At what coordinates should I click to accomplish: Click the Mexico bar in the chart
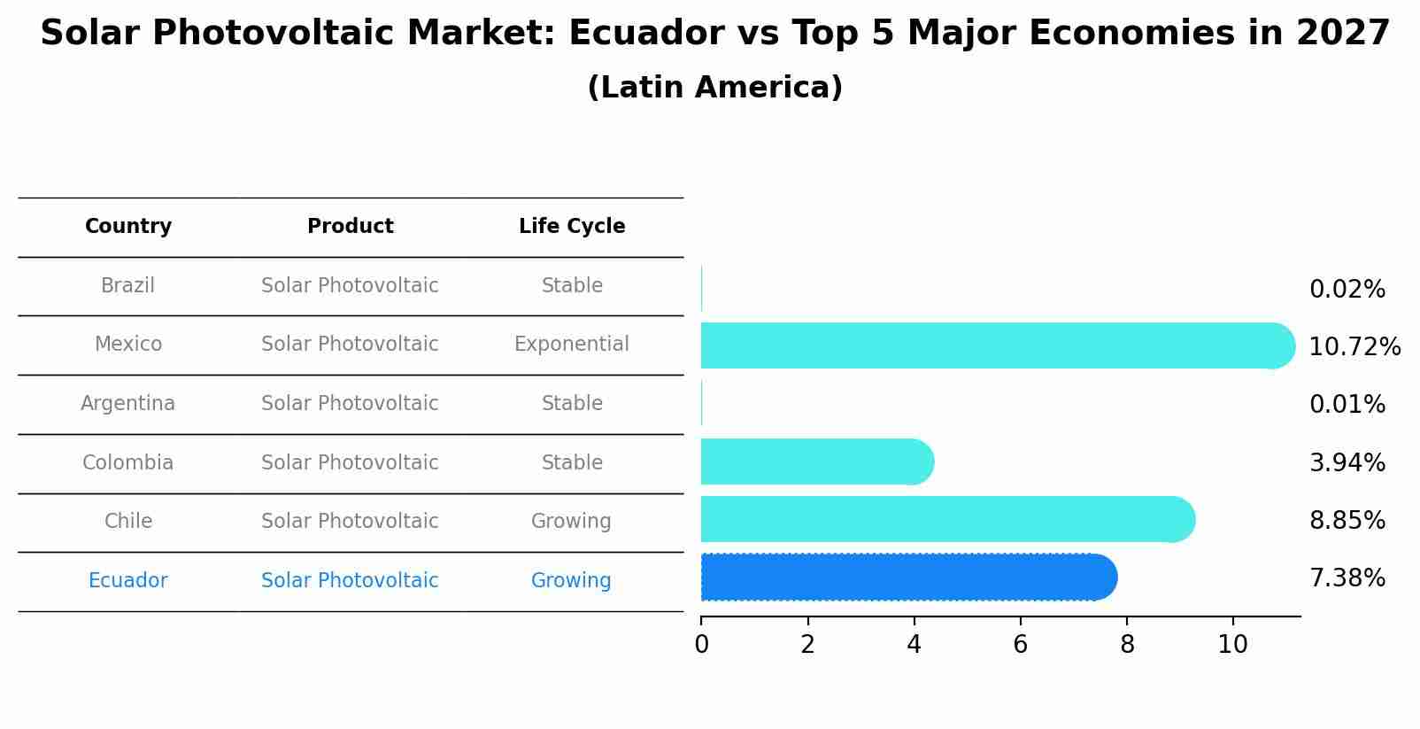(x=998, y=345)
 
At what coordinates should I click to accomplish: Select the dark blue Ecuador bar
(x=909, y=577)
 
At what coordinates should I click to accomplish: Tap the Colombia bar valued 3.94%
(x=818, y=461)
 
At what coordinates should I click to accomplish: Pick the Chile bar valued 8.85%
(x=948, y=519)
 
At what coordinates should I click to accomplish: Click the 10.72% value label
(x=1354, y=346)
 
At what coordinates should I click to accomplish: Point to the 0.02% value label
(x=1347, y=290)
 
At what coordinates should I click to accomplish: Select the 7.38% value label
(x=1347, y=578)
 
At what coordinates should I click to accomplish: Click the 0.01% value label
(x=1347, y=404)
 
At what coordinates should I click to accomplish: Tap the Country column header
(x=128, y=226)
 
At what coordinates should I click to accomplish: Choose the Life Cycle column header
(x=572, y=226)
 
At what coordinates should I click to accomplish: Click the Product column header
(x=350, y=226)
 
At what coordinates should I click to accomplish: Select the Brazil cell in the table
(x=128, y=285)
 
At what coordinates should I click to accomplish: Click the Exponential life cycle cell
(x=572, y=344)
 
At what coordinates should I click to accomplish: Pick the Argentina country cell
(x=128, y=404)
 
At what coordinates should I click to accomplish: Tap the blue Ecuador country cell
(x=128, y=580)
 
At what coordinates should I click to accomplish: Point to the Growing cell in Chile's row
(x=571, y=521)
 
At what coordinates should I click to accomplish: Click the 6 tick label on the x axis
(x=1020, y=645)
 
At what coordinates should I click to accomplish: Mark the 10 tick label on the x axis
(x=1233, y=645)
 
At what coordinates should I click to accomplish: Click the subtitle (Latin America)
(x=715, y=87)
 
